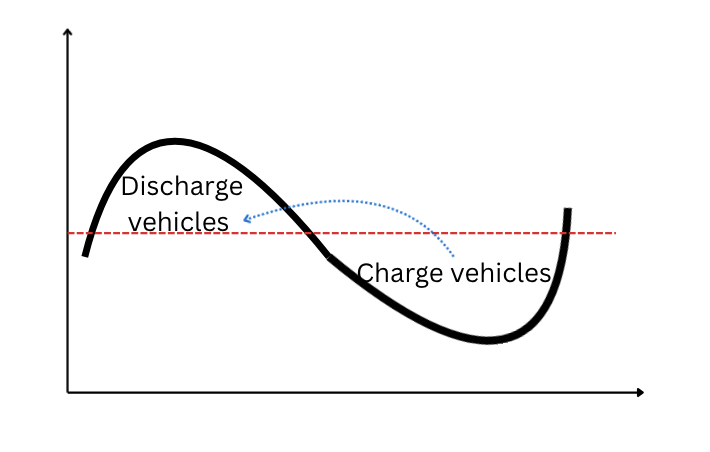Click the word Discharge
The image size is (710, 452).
point(181,187)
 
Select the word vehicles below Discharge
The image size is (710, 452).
point(180,221)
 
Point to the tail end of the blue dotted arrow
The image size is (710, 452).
point(454,257)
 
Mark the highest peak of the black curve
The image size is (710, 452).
point(174,141)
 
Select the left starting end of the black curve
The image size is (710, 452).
point(85,255)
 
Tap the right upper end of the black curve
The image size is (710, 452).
point(568,210)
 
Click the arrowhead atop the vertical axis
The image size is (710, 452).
point(67,31)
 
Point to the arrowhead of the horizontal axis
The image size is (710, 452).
point(640,392)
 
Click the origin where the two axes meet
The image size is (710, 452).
point(68,392)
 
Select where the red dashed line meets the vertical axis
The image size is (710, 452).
point(68,233)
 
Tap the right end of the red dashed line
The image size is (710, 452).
point(615,233)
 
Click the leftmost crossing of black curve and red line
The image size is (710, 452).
point(91,233)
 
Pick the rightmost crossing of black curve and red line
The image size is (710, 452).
point(565,233)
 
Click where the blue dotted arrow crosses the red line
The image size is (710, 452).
point(436,233)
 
